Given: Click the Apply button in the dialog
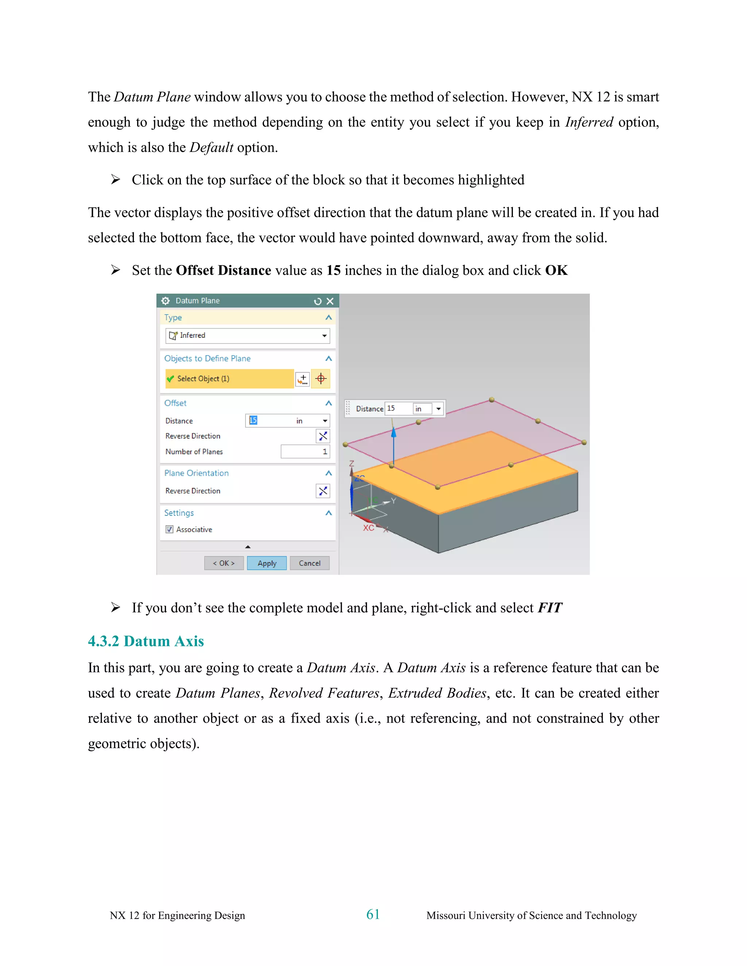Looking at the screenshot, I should (x=267, y=563).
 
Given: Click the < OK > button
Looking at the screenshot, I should (x=224, y=563).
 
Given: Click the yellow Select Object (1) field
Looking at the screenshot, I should (x=229, y=379).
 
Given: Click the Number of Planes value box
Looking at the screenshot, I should (x=305, y=452).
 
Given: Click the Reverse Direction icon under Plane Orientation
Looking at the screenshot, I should (x=323, y=491).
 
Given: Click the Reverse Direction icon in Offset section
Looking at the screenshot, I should (x=323, y=436).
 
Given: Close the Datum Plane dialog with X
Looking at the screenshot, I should (x=330, y=301).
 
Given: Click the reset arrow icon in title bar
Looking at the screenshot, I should (x=317, y=301).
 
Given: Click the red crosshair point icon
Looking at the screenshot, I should (x=321, y=379).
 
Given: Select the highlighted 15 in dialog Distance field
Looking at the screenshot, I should (x=253, y=420).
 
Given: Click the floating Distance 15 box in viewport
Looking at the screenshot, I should (x=398, y=408).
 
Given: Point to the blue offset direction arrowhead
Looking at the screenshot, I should (x=394, y=432).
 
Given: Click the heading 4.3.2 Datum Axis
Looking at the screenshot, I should (x=146, y=641).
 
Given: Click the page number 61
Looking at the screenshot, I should (x=373, y=914).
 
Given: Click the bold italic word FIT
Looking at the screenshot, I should (x=550, y=608).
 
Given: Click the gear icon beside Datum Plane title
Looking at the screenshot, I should (x=166, y=301).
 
